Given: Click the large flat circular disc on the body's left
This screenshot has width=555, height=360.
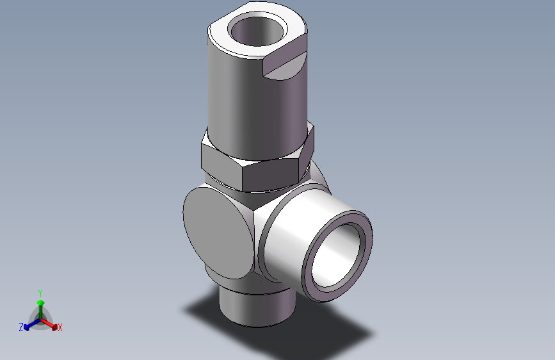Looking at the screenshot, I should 218,231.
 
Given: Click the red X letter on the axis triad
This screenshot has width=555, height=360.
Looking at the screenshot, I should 60,328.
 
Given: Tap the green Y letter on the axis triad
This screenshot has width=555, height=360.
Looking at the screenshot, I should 40,292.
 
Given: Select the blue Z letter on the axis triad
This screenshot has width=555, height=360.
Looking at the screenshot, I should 21,327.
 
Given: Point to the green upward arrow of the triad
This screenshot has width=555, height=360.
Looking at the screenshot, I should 40,304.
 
